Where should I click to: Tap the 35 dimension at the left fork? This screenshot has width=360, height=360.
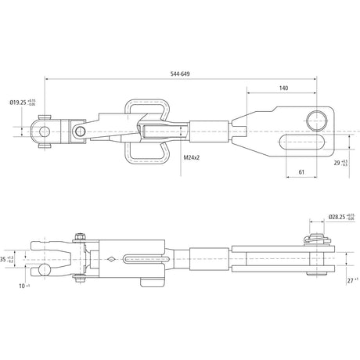[5, 259]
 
